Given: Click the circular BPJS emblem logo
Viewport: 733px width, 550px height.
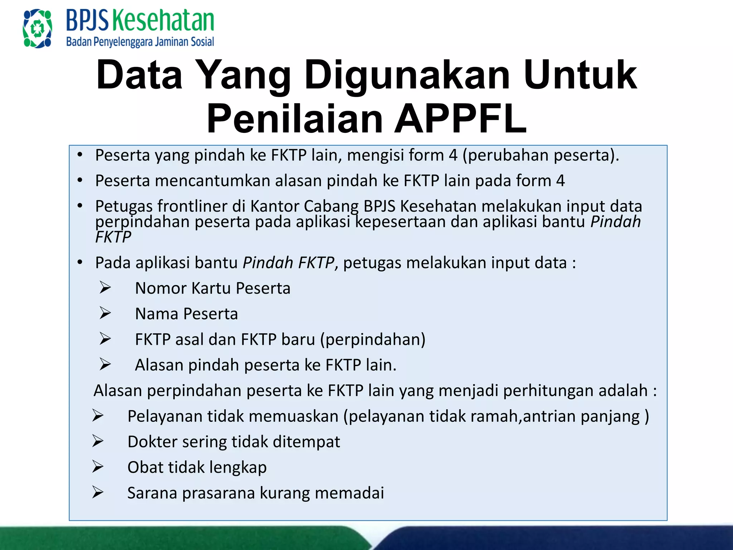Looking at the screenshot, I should [37, 28].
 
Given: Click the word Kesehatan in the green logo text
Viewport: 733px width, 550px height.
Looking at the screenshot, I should [163, 20].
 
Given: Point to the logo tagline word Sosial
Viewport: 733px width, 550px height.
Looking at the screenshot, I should [202, 42].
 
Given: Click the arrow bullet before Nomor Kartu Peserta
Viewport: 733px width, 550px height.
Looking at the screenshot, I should [105, 288].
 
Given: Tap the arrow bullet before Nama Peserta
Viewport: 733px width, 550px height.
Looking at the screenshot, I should [105, 313].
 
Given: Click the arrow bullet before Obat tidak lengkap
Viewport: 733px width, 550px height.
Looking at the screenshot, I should [98, 467].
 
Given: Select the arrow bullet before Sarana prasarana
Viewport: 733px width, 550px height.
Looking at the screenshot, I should [98, 492].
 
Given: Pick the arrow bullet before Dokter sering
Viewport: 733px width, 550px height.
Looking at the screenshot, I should [98, 441].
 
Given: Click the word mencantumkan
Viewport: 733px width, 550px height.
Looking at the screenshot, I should [212, 180].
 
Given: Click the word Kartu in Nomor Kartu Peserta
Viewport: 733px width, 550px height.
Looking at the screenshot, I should [212, 288].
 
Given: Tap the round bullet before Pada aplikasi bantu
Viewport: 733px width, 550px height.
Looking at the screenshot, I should [80, 262].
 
